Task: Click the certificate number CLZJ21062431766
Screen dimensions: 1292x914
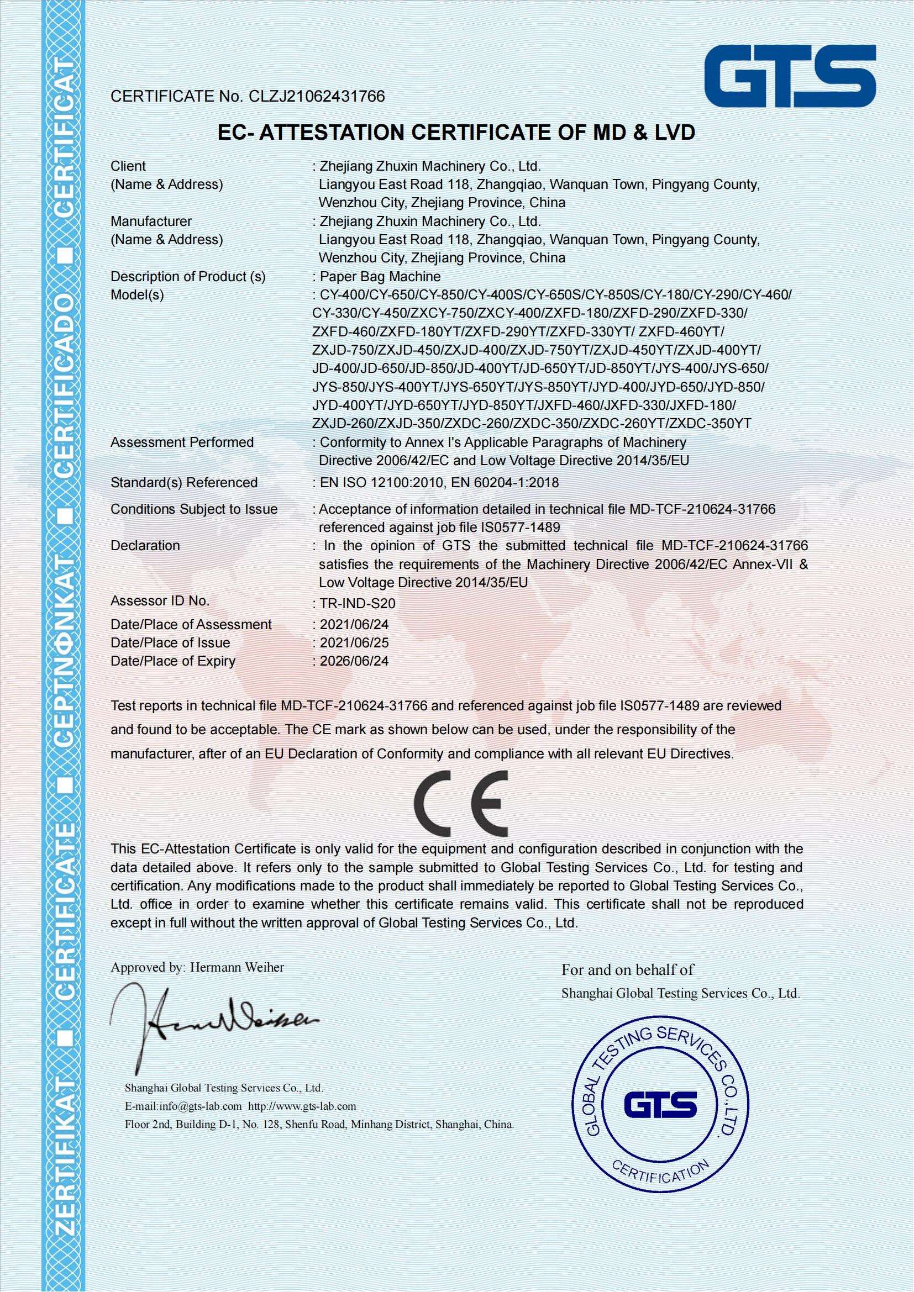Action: (x=313, y=97)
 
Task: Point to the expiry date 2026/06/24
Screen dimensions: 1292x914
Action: (x=354, y=661)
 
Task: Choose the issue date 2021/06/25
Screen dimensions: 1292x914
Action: (x=354, y=642)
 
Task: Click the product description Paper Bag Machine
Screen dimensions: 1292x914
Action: (x=380, y=276)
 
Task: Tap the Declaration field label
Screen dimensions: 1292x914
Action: (x=145, y=545)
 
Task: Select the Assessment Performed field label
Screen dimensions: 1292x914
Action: (x=182, y=442)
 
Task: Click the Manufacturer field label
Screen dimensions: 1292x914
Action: (x=151, y=222)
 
